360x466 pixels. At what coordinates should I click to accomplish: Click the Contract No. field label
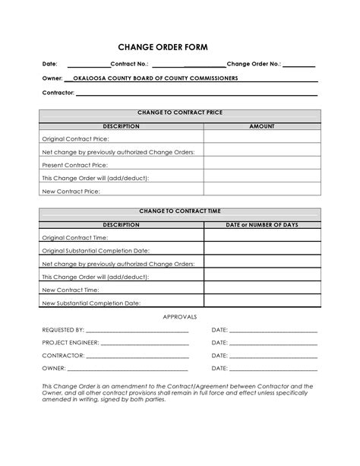(130, 64)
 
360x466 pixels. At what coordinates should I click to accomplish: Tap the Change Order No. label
(254, 64)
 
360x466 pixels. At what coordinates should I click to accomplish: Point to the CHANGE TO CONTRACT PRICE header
(179, 113)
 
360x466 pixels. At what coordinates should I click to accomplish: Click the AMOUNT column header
(261, 126)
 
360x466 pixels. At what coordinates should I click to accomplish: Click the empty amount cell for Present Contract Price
(261, 165)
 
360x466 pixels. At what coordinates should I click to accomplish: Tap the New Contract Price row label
(71, 192)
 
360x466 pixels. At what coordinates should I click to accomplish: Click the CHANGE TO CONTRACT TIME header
(179, 211)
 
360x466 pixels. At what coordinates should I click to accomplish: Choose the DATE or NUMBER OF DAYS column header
(261, 225)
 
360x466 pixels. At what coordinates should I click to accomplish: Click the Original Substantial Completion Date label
(95, 250)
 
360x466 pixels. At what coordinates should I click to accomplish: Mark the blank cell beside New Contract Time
(261, 290)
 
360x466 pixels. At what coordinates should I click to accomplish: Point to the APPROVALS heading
(180, 316)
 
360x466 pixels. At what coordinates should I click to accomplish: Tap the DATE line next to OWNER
(273, 369)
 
